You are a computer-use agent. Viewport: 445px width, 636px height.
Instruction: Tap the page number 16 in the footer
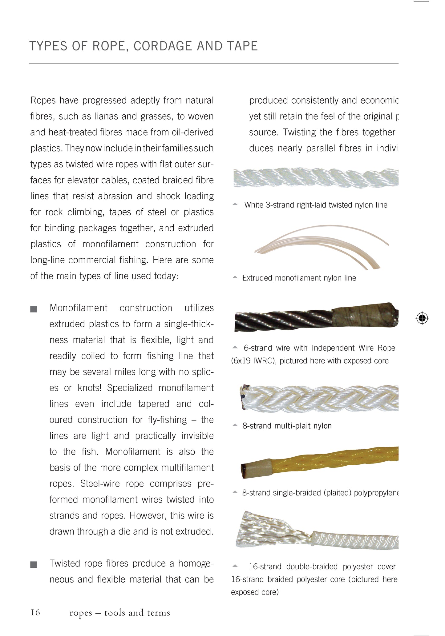pyautogui.click(x=35, y=612)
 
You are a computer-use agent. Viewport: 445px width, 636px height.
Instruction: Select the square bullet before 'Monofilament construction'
pyautogui.click(x=34, y=309)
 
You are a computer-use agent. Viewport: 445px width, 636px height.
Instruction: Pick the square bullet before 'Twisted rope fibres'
pyautogui.click(x=34, y=564)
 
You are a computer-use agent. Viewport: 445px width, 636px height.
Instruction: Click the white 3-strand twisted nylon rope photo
pyautogui.click(x=316, y=178)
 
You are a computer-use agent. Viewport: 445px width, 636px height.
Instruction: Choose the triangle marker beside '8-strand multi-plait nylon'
pyautogui.click(x=235, y=425)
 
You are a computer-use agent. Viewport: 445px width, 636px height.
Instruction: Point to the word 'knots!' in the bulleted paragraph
pyautogui.click(x=89, y=388)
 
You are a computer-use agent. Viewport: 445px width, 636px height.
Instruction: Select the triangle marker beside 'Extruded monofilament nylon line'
pyautogui.click(x=235, y=277)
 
